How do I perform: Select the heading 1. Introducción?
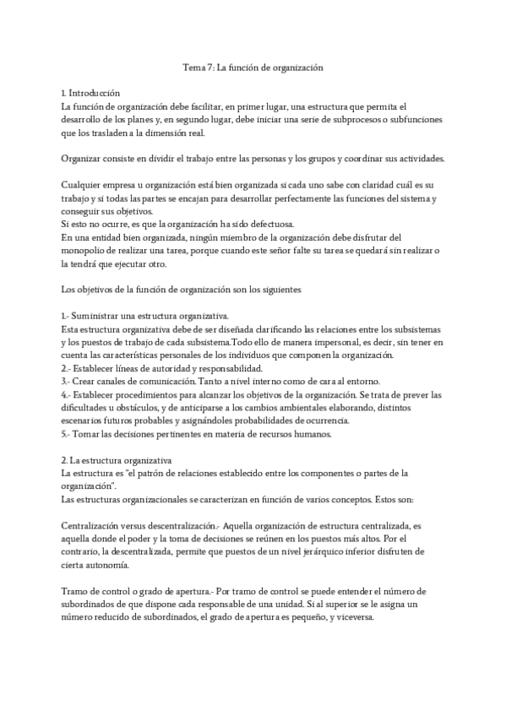pyautogui.click(x=90, y=93)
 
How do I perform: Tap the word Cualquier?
pyautogui.click(x=82, y=185)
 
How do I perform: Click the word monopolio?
pyautogui.click(x=88, y=251)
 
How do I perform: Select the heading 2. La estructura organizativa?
pyautogui.click(x=117, y=460)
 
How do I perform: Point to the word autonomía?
pyautogui.click(x=106, y=565)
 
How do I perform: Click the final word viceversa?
pyautogui.click(x=362, y=616)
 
